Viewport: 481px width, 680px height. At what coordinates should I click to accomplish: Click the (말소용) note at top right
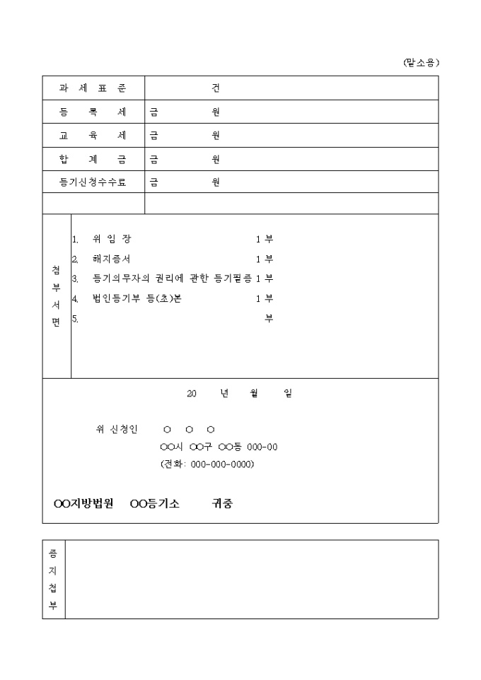(x=421, y=63)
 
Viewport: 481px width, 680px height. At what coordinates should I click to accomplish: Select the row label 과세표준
(x=93, y=88)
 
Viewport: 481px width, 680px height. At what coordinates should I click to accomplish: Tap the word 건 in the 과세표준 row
(x=216, y=88)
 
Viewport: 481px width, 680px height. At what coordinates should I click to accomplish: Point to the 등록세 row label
(x=93, y=112)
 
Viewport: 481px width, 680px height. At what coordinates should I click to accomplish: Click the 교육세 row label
(x=93, y=135)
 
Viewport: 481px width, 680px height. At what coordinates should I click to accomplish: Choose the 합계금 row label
(x=93, y=159)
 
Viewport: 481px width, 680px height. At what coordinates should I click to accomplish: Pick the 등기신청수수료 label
(x=93, y=182)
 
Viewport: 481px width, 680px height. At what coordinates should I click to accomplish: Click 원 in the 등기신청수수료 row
(x=216, y=182)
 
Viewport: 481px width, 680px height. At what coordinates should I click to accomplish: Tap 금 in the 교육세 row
(x=153, y=135)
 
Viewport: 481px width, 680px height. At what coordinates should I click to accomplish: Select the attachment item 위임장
(x=112, y=239)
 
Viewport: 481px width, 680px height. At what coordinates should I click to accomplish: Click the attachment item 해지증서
(x=112, y=259)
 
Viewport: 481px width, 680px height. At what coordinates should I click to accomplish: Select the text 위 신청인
(x=117, y=429)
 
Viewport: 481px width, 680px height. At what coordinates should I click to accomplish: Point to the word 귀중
(x=223, y=504)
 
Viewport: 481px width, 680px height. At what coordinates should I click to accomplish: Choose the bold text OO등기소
(x=156, y=504)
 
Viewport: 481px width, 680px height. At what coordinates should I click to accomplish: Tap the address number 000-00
(x=262, y=447)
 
